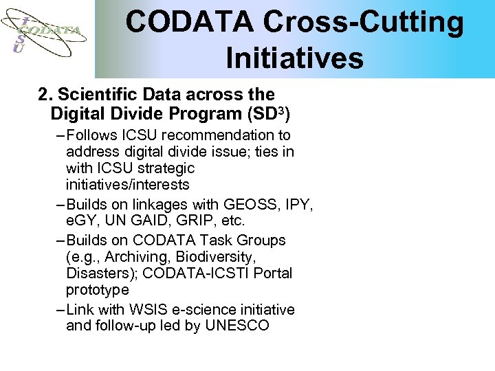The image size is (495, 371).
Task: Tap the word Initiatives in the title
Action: (x=294, y=58)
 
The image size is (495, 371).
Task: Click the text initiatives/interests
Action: (x=127, y=185)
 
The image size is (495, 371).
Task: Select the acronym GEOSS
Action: (x=246, y=205)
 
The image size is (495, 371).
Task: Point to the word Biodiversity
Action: (x=215, y=257)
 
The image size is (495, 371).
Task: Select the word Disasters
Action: (x=98, y=273)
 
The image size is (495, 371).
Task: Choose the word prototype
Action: (x=97, y=290)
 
